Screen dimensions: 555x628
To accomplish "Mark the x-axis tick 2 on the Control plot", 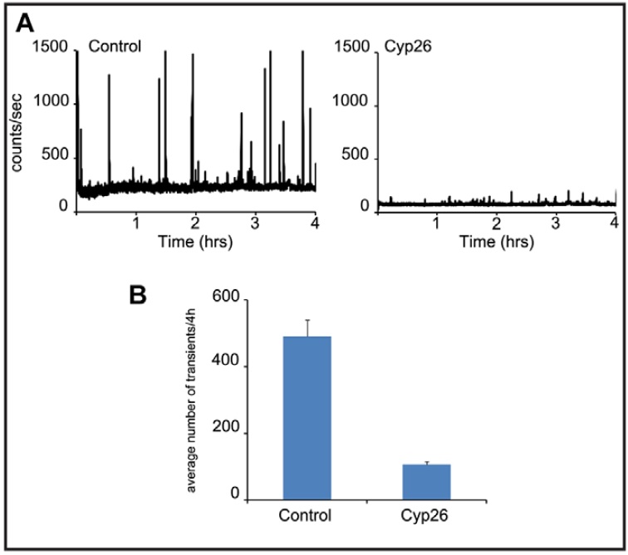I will click(x=195, y=224).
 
